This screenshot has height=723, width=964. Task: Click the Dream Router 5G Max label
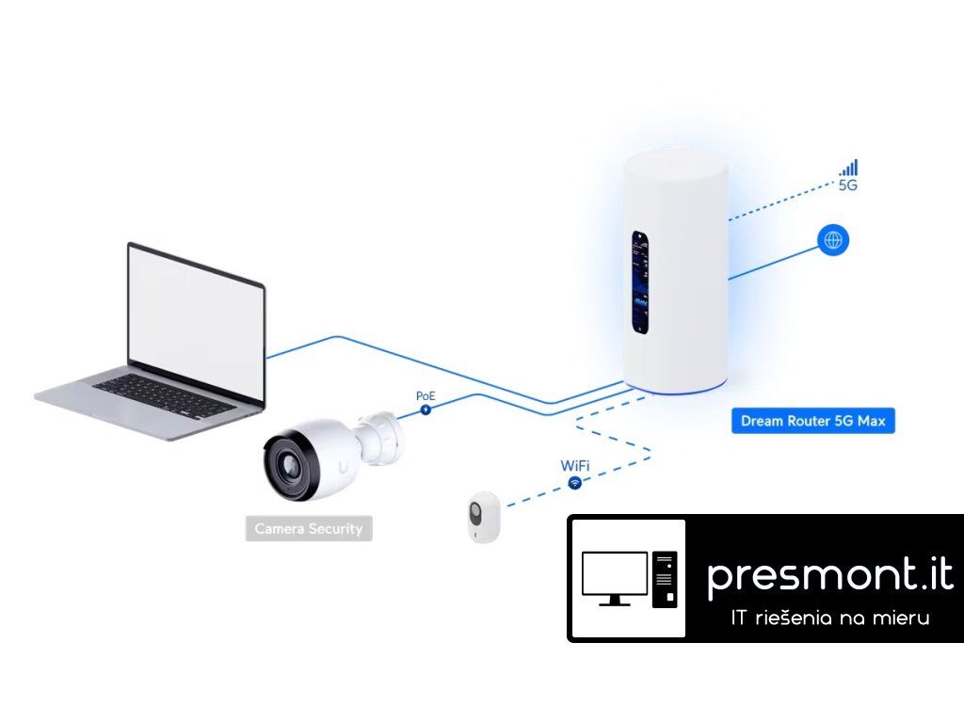[812, 421]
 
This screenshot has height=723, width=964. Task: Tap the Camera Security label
[309, 529]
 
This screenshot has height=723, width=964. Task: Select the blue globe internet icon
[833, 240]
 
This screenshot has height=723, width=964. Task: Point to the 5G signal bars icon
[849, 168]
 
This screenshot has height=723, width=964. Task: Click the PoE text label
[426, 396]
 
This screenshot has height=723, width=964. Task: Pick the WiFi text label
[575, 466]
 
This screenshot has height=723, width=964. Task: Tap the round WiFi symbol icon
[574, 483]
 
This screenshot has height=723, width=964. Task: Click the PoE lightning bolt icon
[426, 410]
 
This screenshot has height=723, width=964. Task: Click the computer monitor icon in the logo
[614, 577]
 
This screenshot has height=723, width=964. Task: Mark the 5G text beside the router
[847, 186]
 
